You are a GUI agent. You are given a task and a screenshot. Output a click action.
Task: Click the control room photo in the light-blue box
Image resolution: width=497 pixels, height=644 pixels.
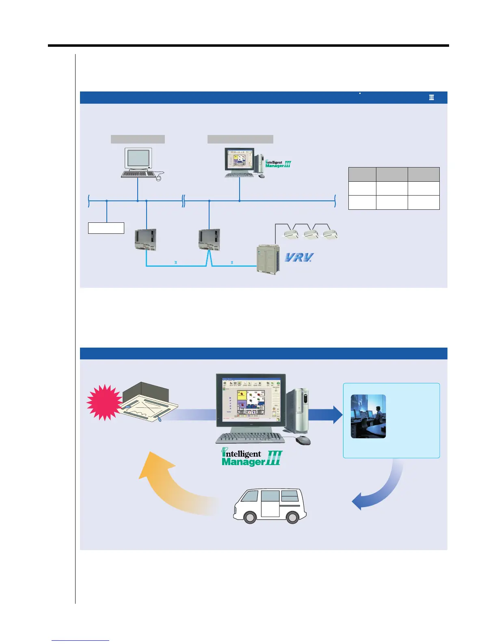(x=368, y=416)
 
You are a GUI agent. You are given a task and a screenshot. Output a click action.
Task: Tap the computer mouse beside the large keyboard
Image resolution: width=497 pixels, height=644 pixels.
(x=303, y=440)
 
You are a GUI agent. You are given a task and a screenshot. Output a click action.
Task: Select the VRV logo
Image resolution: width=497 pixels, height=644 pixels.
(x=299, y=257)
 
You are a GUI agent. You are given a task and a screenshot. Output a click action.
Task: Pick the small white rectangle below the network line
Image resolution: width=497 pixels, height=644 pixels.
(x=106, y=228)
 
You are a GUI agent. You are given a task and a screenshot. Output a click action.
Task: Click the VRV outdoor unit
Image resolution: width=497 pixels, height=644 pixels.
(x=268, y=259)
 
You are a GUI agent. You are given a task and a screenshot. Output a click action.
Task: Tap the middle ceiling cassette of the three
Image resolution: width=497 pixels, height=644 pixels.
(x=311, y=235)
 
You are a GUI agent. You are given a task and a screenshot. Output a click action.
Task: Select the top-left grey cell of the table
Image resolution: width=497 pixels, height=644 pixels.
(x=362, y=174)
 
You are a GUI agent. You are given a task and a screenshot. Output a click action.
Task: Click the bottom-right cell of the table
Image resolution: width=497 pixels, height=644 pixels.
(x=424, y=202)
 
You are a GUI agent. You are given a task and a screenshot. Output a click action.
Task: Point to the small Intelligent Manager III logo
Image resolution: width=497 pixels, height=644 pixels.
(x=278, y=164)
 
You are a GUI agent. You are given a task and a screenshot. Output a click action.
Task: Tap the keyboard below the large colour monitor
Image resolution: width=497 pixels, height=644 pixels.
(x=249, y=437)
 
